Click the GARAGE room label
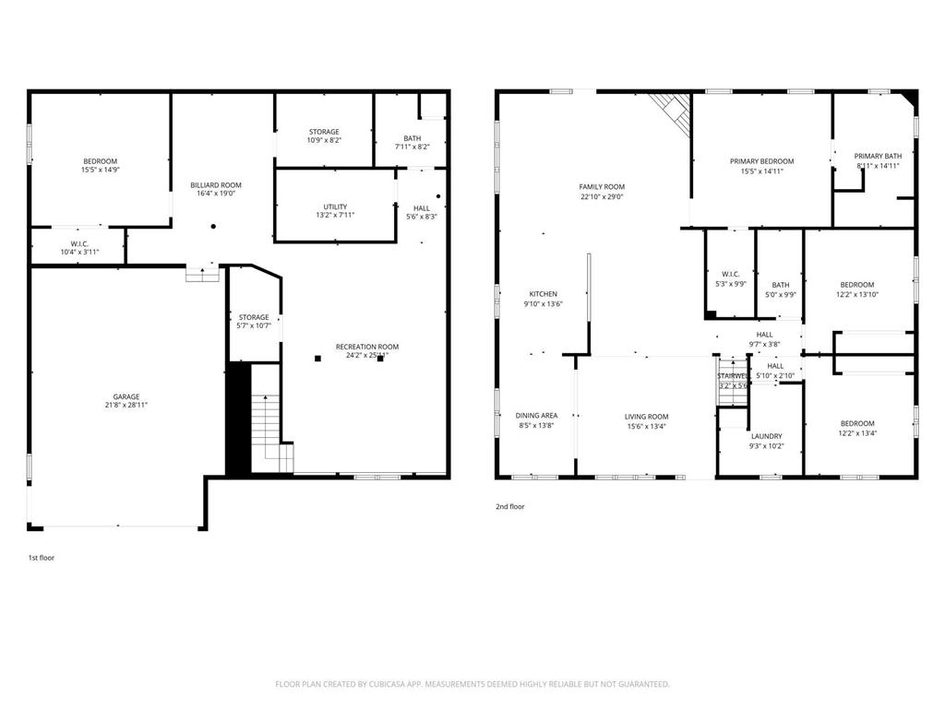[126, 396]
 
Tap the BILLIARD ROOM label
[216, 185]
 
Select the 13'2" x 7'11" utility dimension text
[335, 215]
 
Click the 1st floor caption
[42, 558]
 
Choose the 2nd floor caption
[510, 506]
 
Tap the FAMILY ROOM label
[602, 187]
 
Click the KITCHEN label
[543, 294]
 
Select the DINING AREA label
[536, 416]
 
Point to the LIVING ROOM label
[646, 417]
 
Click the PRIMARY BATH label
[878, 156]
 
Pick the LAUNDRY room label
[766, 436]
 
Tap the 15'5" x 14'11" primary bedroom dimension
[761, 171]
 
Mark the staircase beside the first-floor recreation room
[267, 429]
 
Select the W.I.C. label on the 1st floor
[78, 243]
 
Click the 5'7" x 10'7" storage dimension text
[254, 325]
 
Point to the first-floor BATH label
[412, 138]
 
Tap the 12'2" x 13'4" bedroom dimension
[856, 433]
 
